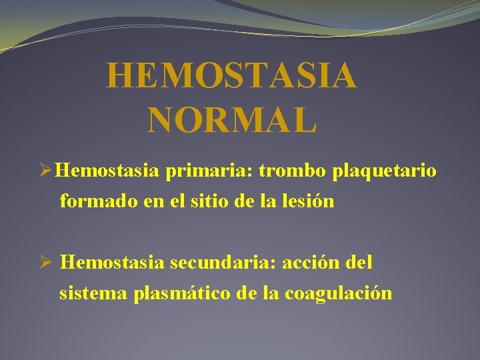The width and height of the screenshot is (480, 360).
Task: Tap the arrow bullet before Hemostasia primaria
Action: [x=47, y=172]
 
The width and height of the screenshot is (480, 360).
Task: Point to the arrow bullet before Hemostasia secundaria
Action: [x=47, y=263]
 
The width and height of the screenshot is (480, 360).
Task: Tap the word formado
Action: [x=99, y=201]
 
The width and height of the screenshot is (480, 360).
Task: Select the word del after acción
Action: [x=359, y=263]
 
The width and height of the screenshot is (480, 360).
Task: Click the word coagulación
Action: [x=338, y=294]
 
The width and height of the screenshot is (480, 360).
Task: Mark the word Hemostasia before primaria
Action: [x=107, y=171]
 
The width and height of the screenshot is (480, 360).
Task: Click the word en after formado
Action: [x=153, y=202]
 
